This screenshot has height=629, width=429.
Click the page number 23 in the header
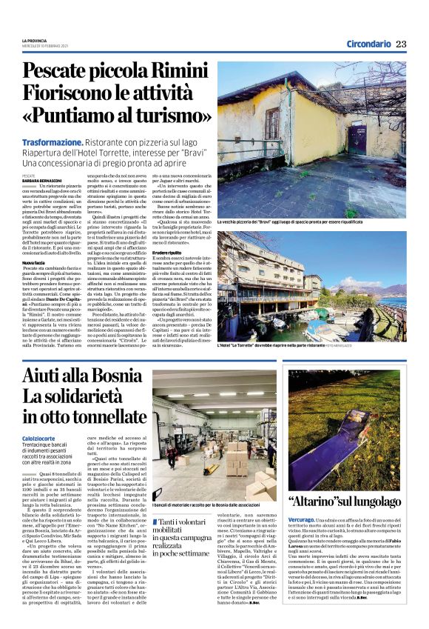(x=401, y=44)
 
